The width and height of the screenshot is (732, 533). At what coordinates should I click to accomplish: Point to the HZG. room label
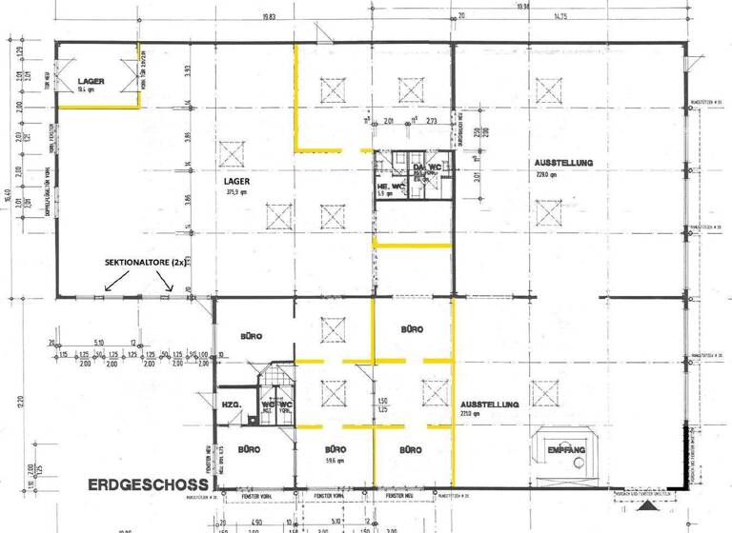pyautogui.click(x=230, y=405)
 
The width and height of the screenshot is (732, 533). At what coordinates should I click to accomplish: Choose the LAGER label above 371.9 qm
pyautogui.click(x=237, y=178)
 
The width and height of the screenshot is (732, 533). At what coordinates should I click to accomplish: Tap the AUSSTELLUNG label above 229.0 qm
pyautogui.click(x=563, y=163)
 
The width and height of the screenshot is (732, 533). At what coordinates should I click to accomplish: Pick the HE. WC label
pyautogui.click(x=388, y=186)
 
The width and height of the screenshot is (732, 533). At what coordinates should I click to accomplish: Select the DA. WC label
pyautogui.click(x=427, y=168)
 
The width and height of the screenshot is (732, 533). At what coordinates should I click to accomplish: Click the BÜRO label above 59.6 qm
pyautogui.click(x=335, y=449)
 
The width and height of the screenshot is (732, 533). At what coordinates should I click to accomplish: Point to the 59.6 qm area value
pyautogui.click(x=335, y=460)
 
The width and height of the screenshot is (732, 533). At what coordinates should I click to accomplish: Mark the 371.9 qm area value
pyautogui.click(x=236, y=191)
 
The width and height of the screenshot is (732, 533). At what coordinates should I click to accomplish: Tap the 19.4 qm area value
pyautogui.click(x=86, y=90)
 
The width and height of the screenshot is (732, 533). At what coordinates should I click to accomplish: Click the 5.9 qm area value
pyautogui.click(x=383, y=194)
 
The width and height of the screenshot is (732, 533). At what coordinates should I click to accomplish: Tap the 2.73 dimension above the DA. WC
pyautogui.click(x=431, y=122)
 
